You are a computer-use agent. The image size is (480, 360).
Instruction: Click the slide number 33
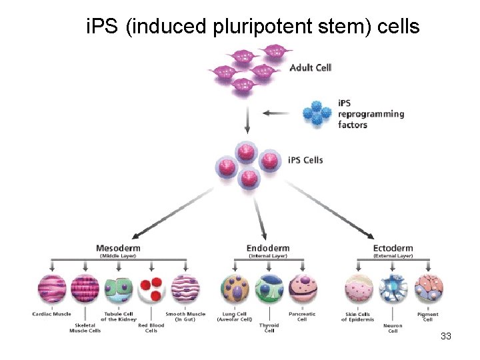pos(446,337)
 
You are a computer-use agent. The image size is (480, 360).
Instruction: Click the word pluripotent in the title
pos(245,27)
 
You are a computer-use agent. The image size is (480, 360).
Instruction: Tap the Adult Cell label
pos(310,67)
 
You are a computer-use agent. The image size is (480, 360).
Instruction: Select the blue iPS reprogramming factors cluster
pos(317,113)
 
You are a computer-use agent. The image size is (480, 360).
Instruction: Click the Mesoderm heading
pos(118,248)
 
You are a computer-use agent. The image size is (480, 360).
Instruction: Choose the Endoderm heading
pos(268,248)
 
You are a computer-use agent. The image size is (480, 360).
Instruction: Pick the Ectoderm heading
pos(393,248)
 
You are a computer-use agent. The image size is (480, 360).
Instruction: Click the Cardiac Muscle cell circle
pos(52,290)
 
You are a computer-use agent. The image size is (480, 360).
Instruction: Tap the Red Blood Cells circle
pos(151,290)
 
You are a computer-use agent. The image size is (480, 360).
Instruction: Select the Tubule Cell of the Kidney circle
pos(117,290)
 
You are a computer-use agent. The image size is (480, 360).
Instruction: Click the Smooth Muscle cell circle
pos(185,290)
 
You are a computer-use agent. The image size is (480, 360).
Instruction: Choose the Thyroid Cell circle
pos(269,290)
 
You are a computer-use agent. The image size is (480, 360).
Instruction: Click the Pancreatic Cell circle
pos(303,290)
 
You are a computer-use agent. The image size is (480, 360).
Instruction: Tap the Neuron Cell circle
pos(393,290)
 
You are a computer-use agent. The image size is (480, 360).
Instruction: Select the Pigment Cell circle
pos(427,290)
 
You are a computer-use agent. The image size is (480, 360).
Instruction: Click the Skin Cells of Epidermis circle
pos(359,290)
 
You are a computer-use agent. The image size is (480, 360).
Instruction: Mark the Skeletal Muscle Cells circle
pos(85,290)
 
